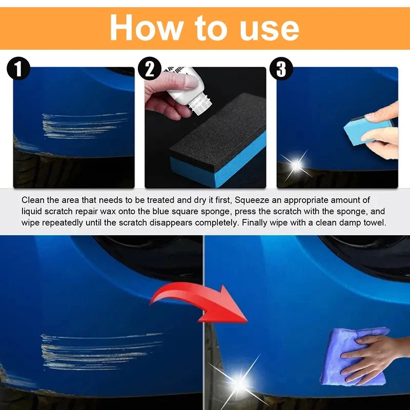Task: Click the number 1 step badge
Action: (19, 69)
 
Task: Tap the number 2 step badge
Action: (150, 69)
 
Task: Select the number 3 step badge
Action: (281, 69)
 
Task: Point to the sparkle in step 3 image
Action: (296, 164)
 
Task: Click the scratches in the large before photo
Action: (97, 351)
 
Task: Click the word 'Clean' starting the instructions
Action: (32, 200)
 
